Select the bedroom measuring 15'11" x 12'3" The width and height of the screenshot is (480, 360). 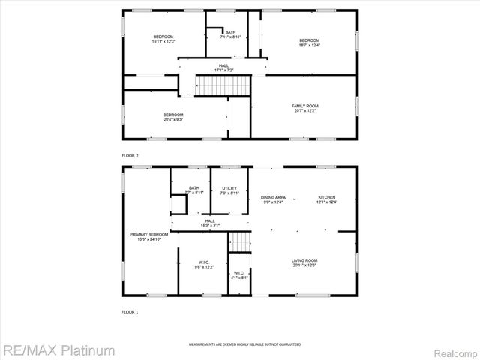(163, 39)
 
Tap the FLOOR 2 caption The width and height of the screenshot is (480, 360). (130, 155)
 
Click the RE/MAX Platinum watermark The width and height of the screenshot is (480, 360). (58, 350)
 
